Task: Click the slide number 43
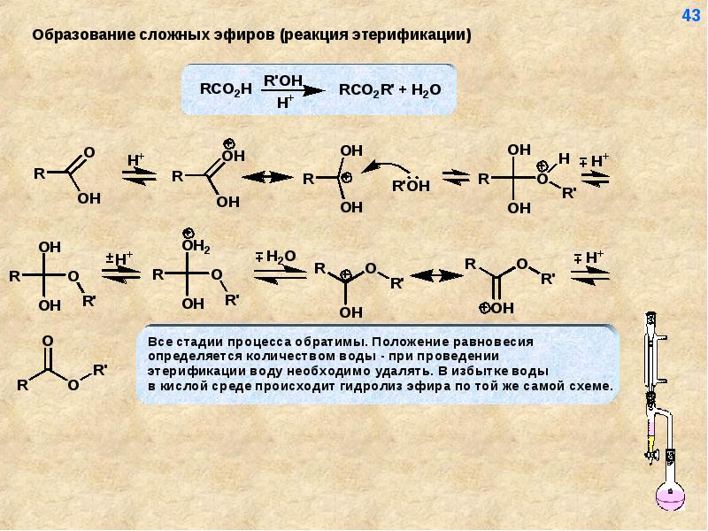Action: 690,15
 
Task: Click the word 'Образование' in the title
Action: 83,35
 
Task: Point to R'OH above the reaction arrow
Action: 284,79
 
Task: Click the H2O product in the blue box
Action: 425,89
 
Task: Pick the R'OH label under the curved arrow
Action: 411,186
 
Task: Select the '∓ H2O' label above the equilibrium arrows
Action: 275,257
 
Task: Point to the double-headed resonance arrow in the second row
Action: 435,276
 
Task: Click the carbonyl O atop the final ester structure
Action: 47,341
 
